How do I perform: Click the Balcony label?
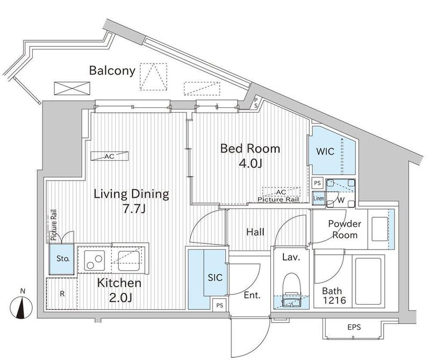[112, 70]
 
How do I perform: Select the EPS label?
[354, 327]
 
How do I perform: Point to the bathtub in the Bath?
[368, 282]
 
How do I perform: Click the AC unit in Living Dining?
[110, 156]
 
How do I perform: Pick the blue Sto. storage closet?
[61, 259]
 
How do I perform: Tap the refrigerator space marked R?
[62, 294]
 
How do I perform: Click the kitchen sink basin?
[128, 261]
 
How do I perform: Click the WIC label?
[325, 152]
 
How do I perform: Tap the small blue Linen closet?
[319, 198]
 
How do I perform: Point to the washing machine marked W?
[341, 193]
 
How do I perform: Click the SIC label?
[215, 277]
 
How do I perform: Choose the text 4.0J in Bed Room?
[250, 163]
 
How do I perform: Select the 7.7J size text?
[133, 209]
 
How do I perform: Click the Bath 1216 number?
[334, 300]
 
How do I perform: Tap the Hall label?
[255, 232]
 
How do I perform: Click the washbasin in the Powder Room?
[380, 229]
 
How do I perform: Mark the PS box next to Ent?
[220, 305]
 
